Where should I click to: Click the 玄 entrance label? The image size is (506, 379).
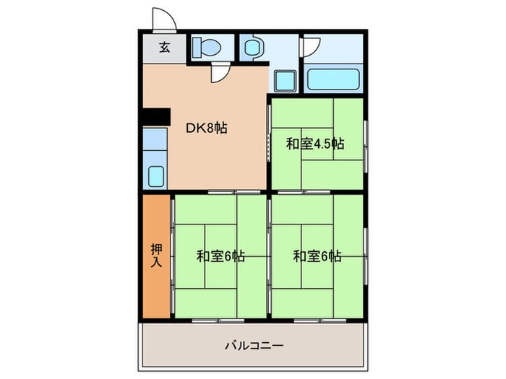click(164, 48)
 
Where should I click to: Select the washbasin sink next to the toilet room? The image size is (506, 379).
click(252, 48)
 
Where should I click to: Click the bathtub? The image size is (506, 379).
click(333, 79)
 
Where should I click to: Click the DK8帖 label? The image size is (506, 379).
click(207, 128)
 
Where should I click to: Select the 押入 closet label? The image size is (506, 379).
click(156, 255)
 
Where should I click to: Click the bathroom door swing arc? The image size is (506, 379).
click(309, 47)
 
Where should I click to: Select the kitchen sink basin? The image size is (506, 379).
click(155, 175)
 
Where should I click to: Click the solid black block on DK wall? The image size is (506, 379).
click(155, 116)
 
